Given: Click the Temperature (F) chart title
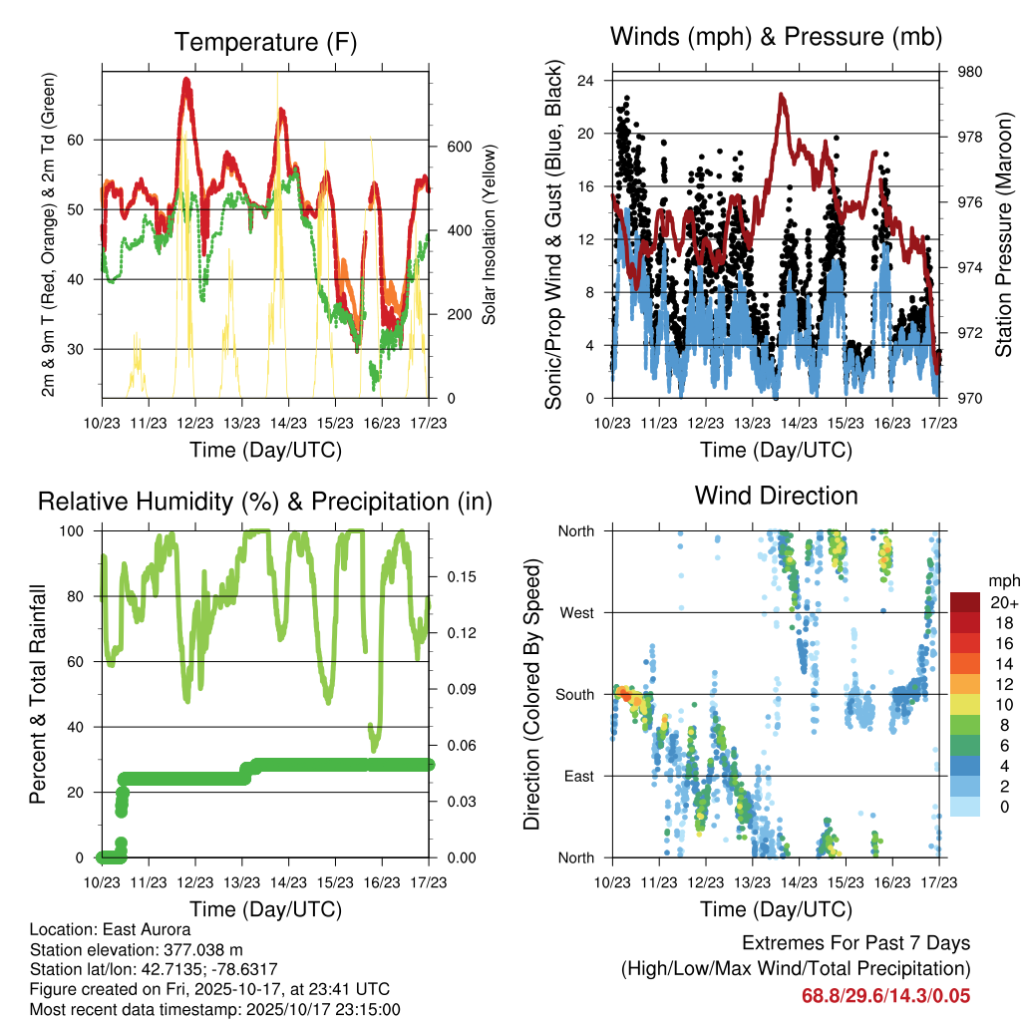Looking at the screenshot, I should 265,42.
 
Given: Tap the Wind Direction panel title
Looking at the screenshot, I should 776,496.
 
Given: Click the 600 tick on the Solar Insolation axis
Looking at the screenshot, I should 458,147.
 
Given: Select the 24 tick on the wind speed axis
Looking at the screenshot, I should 587,81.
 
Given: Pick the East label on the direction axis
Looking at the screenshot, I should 578,776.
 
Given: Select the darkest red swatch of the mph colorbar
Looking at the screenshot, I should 964,602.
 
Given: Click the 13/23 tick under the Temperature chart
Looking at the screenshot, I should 241,423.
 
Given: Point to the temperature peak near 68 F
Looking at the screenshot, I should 186,82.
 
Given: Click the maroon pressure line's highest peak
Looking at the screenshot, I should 782,95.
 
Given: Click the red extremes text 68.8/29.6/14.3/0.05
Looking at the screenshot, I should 885,996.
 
